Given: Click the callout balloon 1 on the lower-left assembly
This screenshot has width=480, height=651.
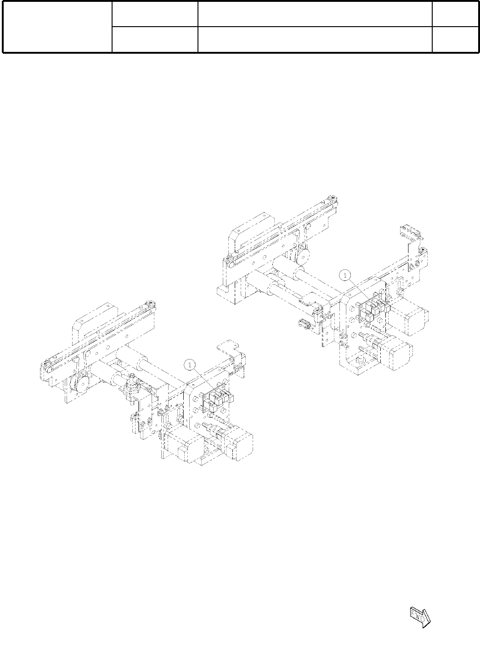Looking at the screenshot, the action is [190, 365].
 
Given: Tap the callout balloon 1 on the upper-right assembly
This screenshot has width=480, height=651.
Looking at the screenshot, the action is [345, 275].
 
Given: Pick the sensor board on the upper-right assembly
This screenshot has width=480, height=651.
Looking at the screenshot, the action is [374, 308].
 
